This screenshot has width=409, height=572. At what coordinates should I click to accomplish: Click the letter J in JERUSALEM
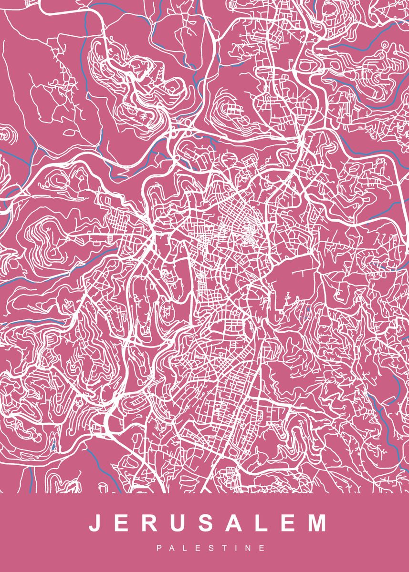[94, 523]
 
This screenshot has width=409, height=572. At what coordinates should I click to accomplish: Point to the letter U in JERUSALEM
[178, 523]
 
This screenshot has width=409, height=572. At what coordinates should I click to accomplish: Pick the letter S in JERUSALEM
[206, 523]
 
